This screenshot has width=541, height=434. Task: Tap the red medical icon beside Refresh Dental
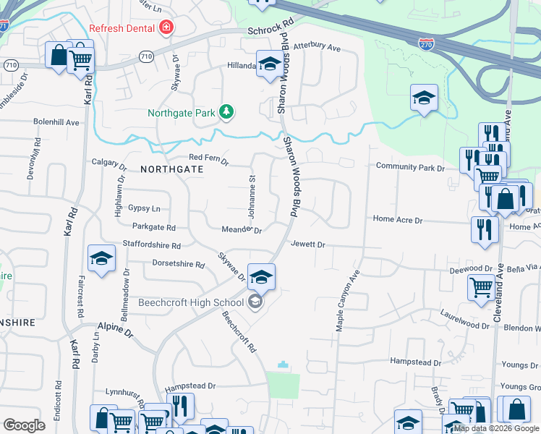tap(167, 27)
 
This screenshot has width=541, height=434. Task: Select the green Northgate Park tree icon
tap(228, 112)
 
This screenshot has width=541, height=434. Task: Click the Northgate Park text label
tap(182, 113)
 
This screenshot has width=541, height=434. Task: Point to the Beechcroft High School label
tap(191, 302)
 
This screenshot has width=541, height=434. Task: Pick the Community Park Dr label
tap(410, 167)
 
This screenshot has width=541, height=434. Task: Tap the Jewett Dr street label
tap(309, 244)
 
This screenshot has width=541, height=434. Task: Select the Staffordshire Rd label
tap(152, 244)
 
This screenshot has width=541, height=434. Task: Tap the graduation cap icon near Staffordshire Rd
tap(102, 258)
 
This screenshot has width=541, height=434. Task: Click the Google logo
tap(24, 425)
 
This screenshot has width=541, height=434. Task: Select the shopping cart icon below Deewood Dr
tap(482, 287)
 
